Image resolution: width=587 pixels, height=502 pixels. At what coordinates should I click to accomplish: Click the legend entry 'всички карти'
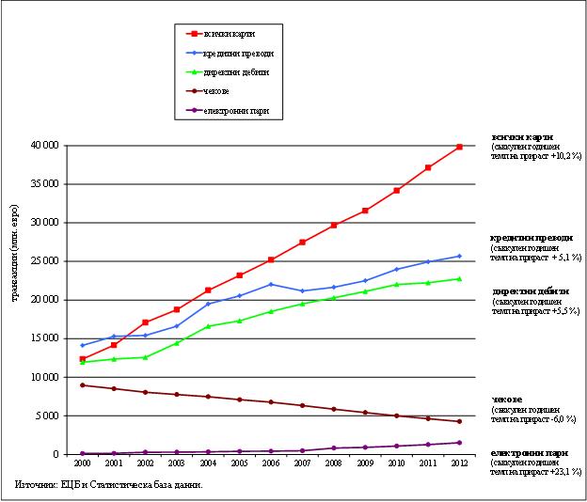pyautogui.click(x=229, y=33)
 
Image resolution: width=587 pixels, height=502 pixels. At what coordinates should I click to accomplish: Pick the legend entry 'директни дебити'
pyautogui.click(x=235, y=71)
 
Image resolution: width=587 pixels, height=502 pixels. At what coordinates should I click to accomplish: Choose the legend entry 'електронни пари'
pyautogui.click(x=235, y=111)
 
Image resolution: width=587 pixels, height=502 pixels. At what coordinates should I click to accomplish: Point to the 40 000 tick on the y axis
pyautogui.click(x=44, y=146)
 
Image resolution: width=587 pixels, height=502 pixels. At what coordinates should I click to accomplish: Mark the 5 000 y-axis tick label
pyautogui.click(x=47, y=416)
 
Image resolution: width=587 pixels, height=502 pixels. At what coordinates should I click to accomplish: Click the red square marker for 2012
pyautogui.click(x=459, y=147)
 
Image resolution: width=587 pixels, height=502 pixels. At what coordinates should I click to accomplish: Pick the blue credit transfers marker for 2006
pyautogui.click(x=270, y=284)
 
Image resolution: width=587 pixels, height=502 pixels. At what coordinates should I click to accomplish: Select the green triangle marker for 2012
pyautogui.click(x=459, y=278)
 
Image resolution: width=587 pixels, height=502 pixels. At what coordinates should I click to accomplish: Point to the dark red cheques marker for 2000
pyautogui.click(x=82, y=385)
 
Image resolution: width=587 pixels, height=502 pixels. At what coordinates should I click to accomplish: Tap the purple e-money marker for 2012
pyautogui.click(x=459, y=443)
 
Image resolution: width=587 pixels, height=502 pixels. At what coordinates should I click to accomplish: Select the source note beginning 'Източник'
pyautogui.click(x=109, y=485)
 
